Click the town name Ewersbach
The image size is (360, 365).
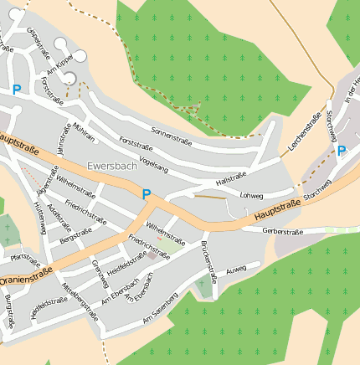click(x=111, y=166)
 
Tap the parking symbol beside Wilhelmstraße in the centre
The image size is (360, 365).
click(x=147, y=194)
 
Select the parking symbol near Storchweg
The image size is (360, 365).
click(x=341, y=152)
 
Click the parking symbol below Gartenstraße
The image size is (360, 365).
click(x=16, y=90)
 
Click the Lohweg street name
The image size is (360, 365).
click(x=251, y=195)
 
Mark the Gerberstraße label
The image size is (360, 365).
click(x=282, y=231)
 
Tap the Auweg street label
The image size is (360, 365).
click(x=236, y=269)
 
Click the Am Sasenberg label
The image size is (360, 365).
click(x=160, y=308)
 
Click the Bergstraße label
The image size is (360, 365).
click(x=76, y=236)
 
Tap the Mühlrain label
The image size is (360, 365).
click(x=84, y=133)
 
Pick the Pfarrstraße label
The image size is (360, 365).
click(x=25, y=259)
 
